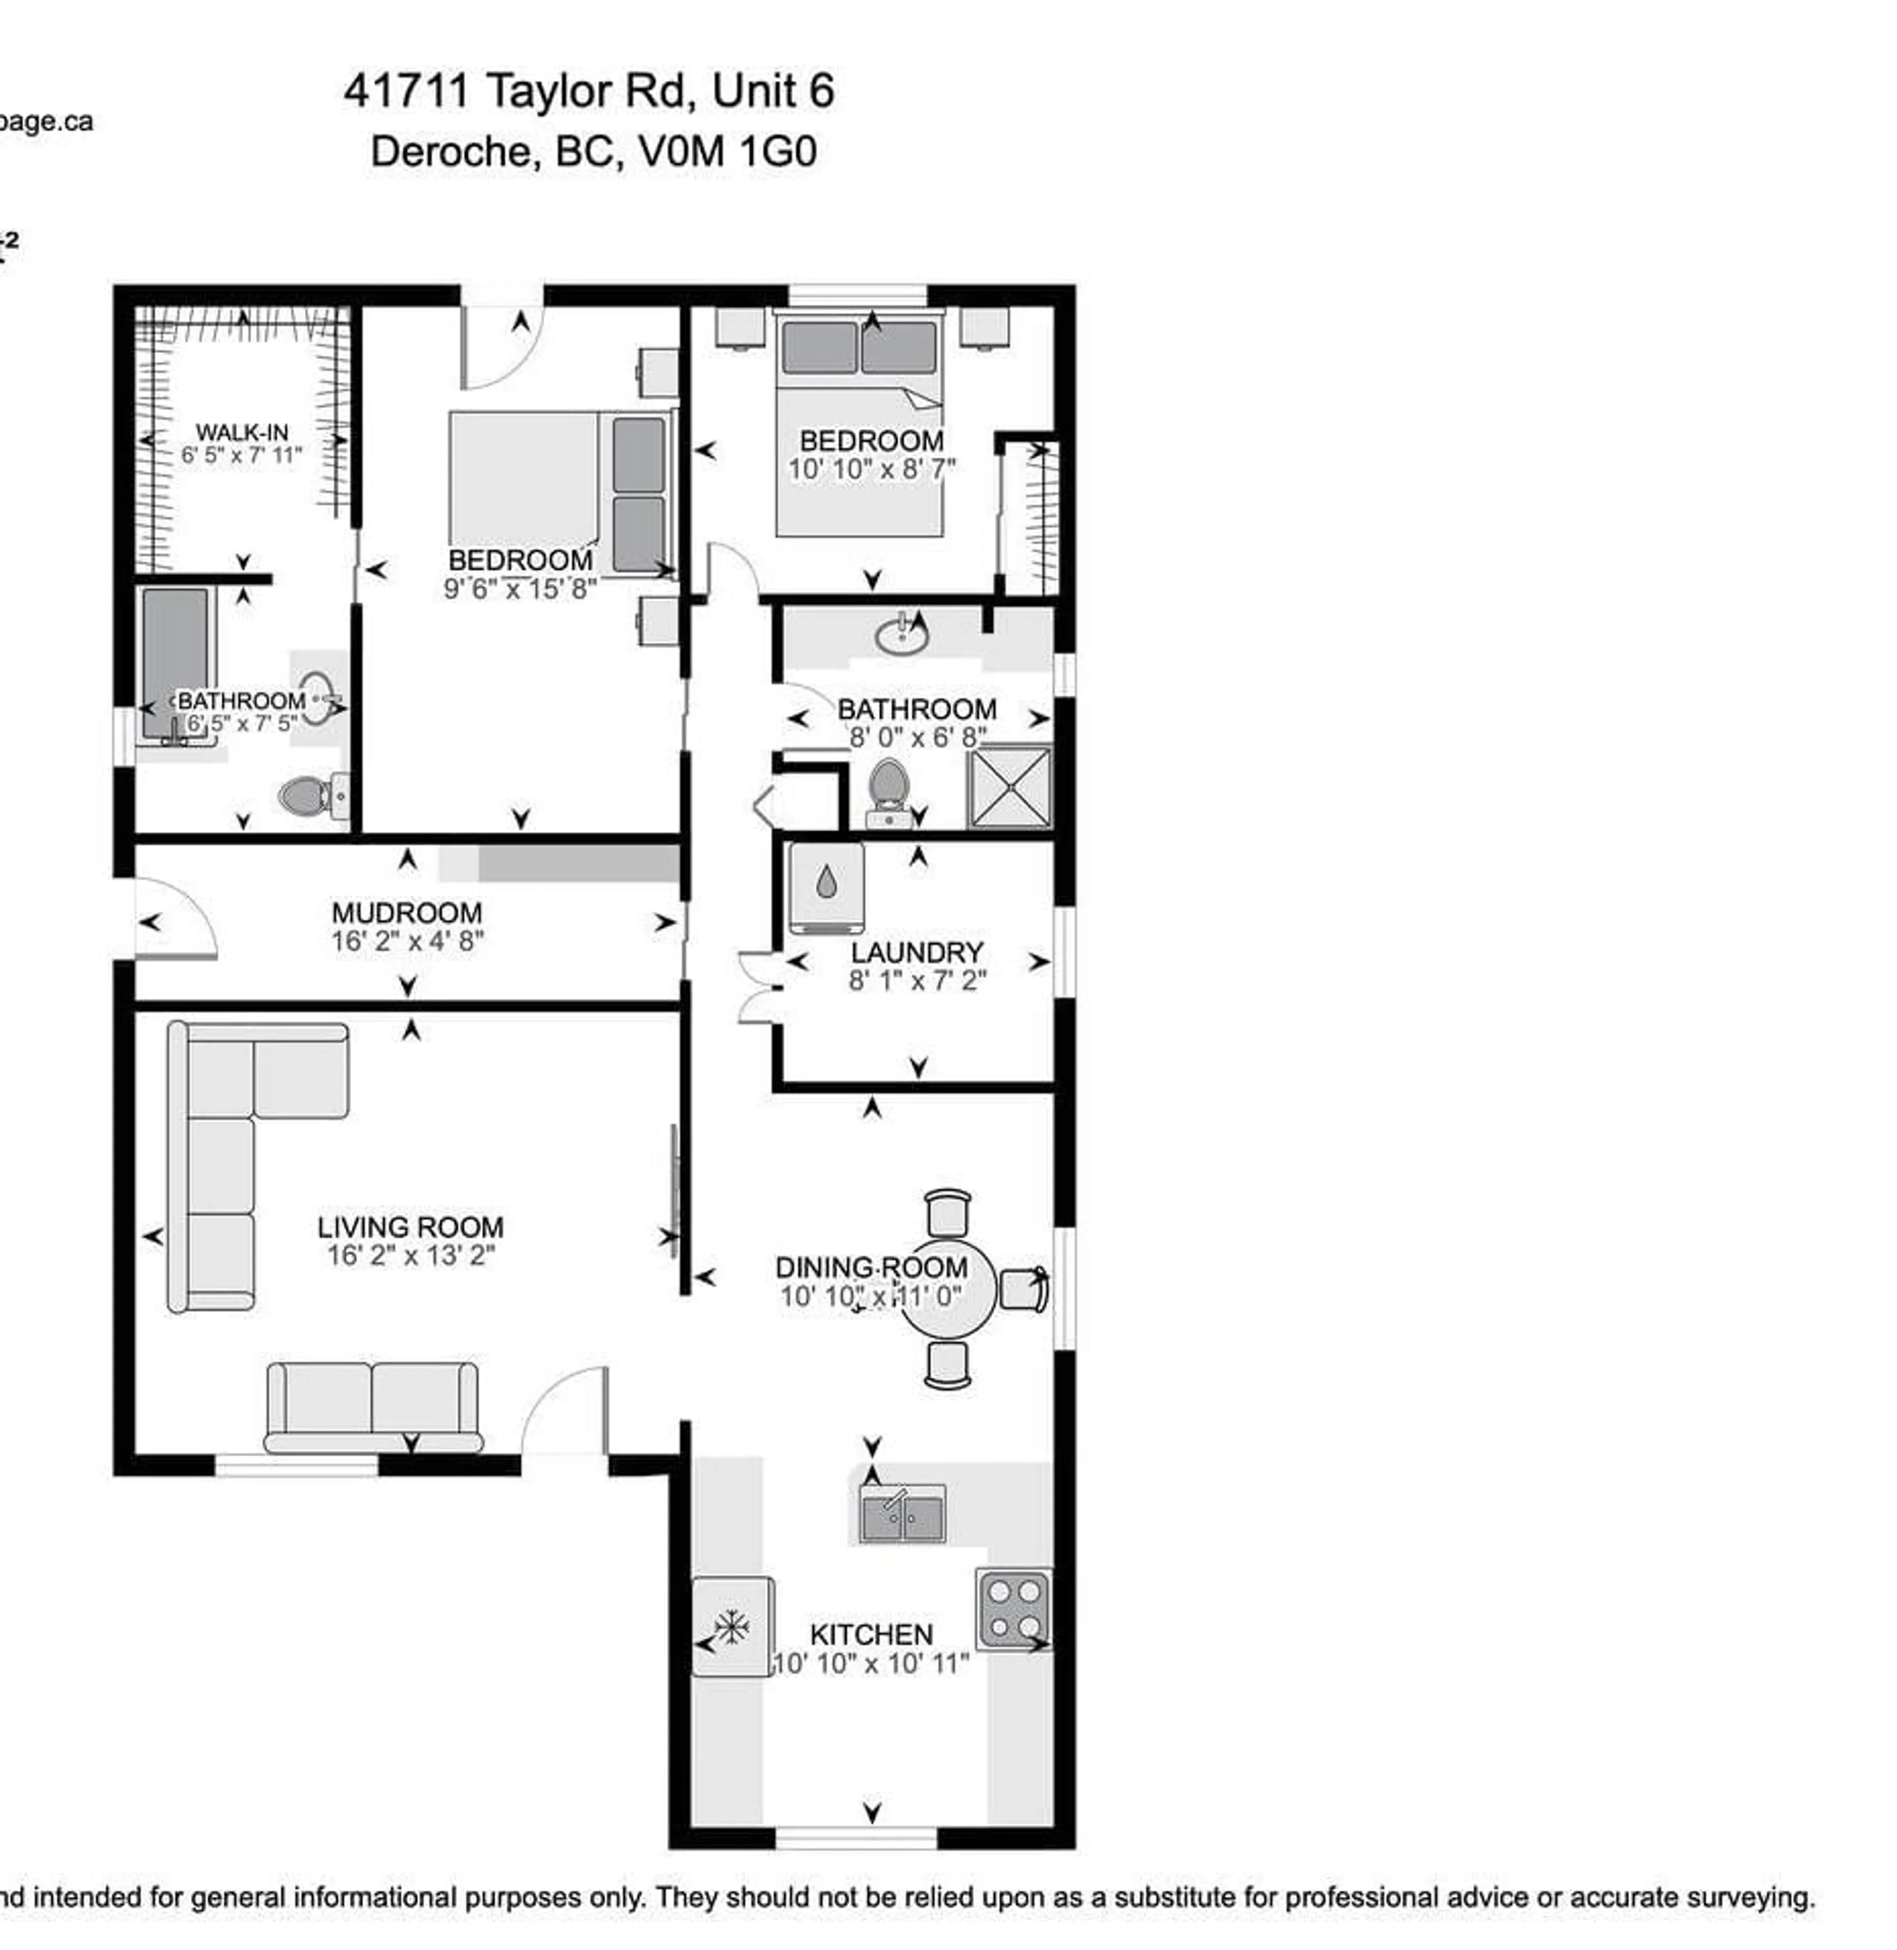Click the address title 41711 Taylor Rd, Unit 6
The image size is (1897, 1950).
tap(589, 92)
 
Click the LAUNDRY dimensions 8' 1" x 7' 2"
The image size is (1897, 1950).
tap(916, 981)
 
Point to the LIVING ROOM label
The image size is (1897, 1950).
tap(411, 1227)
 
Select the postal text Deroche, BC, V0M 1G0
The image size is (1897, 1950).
tap(594, 152)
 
